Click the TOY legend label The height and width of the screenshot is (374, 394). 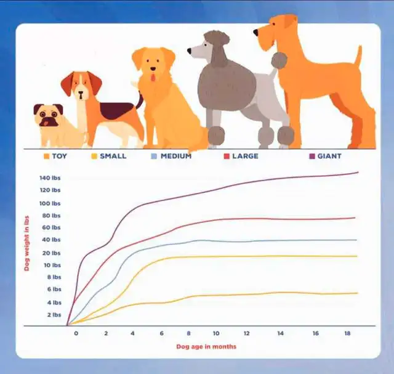(x=60, y=156)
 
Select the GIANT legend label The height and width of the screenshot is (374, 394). (x=329, y=156)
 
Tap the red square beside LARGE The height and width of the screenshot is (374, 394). (x=227, y=157)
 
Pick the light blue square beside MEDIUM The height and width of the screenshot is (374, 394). (x=154, y=157)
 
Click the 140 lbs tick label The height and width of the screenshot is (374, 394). (x=50, y=178)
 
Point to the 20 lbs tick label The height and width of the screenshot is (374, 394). (x=52, y=253)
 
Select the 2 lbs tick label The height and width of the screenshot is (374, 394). (x=54, y=315)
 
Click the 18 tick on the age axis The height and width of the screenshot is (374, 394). (x=347, y=333)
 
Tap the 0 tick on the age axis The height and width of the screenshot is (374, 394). (x=76, y=333)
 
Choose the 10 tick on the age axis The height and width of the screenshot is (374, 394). (x=216, y=333)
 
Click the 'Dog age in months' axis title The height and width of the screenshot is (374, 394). (x=206, y=347)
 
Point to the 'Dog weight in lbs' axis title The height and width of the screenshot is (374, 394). (x=26, y=243)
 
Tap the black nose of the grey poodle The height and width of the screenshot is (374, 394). (x=189, y=51)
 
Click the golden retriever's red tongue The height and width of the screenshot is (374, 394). (x=153, y=78)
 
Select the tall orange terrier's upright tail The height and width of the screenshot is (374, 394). (x=358, y=55)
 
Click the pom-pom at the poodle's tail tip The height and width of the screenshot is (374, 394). (x=279, y=60)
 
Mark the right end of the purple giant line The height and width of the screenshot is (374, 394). (x=358, y=173)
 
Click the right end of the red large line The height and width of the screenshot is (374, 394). (x=355, y=218)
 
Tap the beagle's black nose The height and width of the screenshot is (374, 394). (x=81, y=93)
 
